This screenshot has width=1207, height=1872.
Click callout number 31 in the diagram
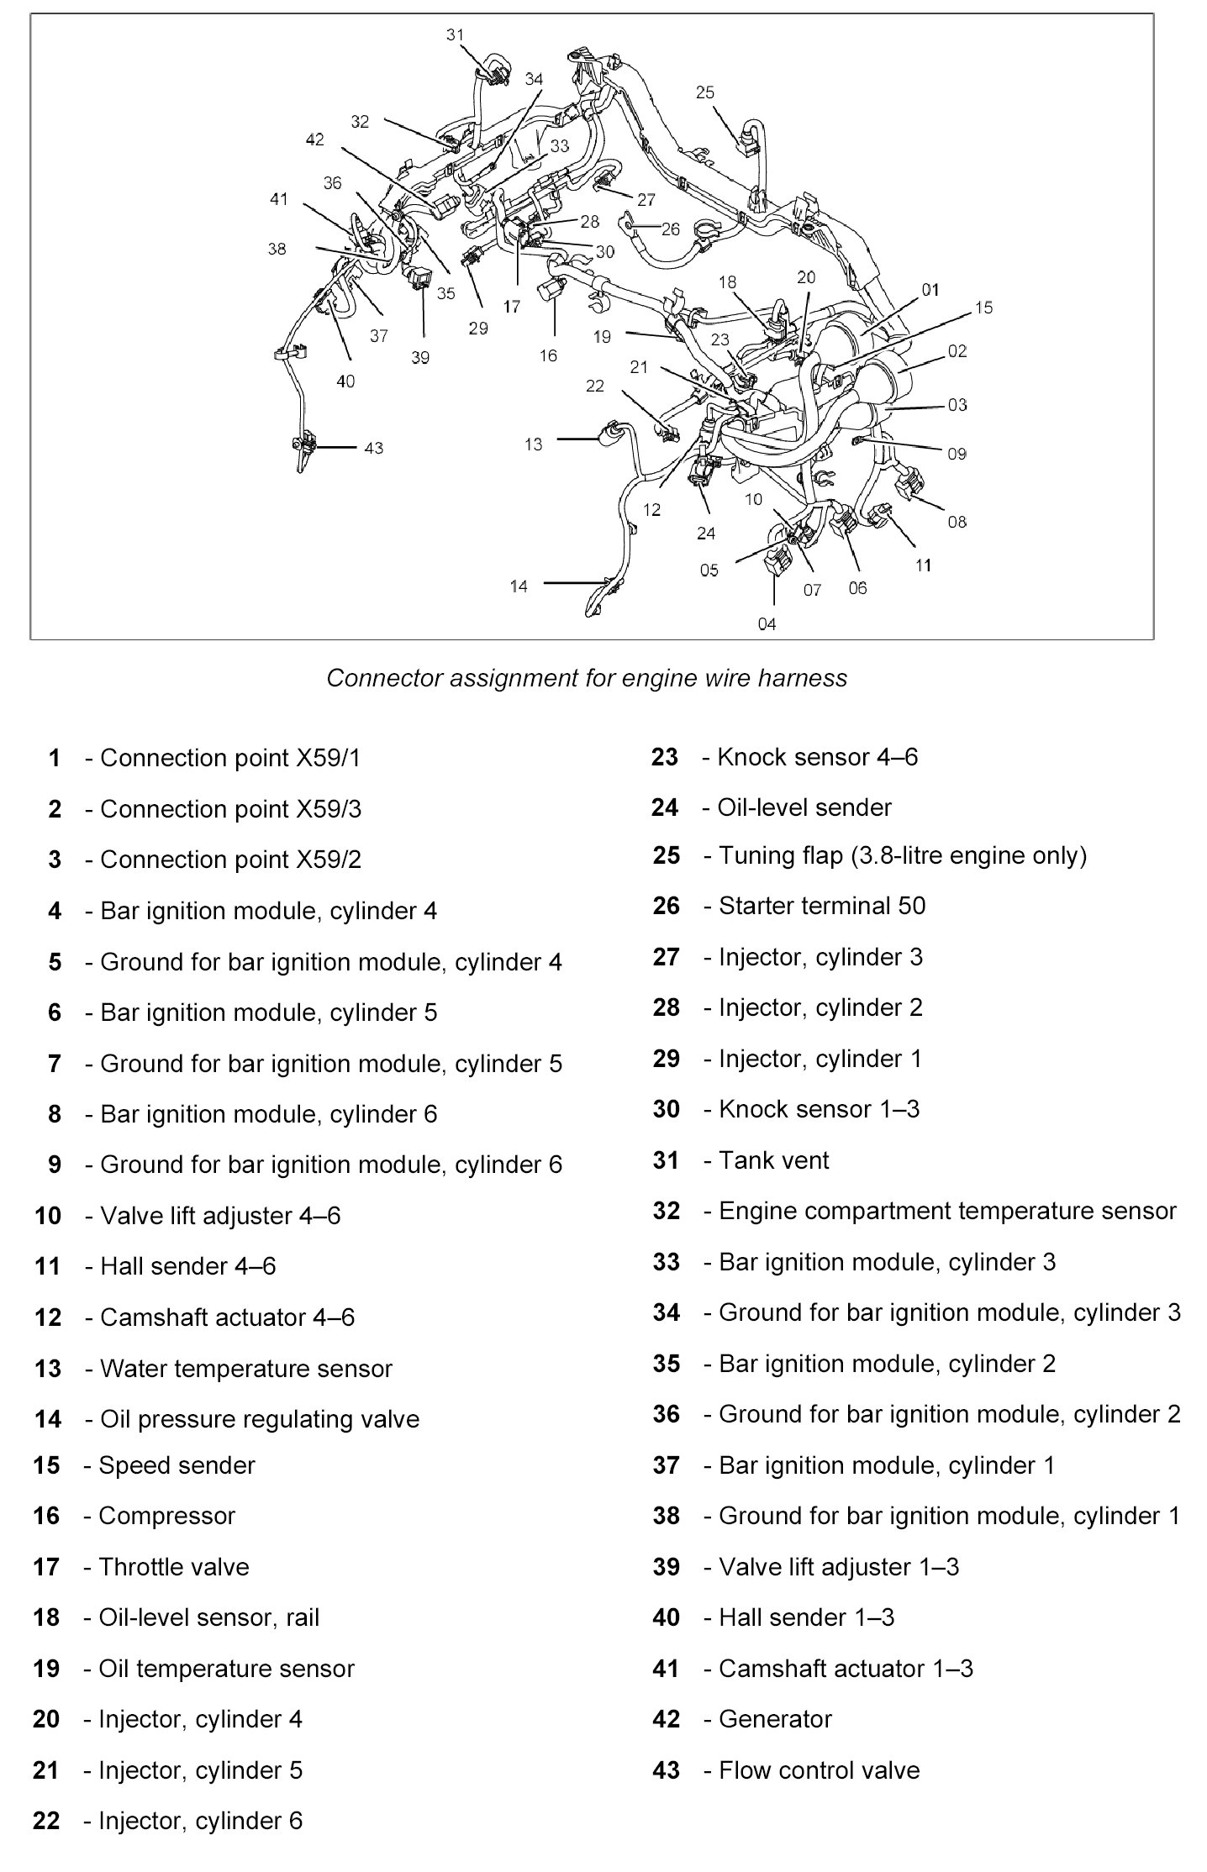click(455, 35)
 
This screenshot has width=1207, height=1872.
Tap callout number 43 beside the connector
click(374, 448)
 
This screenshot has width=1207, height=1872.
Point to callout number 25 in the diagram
click(704, 92)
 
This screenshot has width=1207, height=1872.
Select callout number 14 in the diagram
click(519, 586)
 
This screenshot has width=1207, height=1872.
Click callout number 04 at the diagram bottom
click(767, 623)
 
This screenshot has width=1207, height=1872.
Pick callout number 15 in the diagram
click(983, 308)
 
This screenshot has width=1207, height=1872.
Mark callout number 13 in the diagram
click(534, 444)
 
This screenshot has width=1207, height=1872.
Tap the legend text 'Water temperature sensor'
click(245, 1369)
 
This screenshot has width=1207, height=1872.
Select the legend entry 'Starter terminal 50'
click(821, 906)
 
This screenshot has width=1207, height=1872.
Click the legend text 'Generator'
click(774, 1719)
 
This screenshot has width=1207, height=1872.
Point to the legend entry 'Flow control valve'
click(819, 1770)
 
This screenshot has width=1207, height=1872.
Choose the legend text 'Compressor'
click(166, 1516)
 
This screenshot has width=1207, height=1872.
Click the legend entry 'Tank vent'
click(773, 1160)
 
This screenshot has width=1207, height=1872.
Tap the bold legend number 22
click(46, 1821)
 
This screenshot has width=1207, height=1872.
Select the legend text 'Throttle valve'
click(173, 1567)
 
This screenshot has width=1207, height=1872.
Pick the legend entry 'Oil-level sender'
click(804, 807)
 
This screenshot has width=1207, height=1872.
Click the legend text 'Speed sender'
click(177, 1465)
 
